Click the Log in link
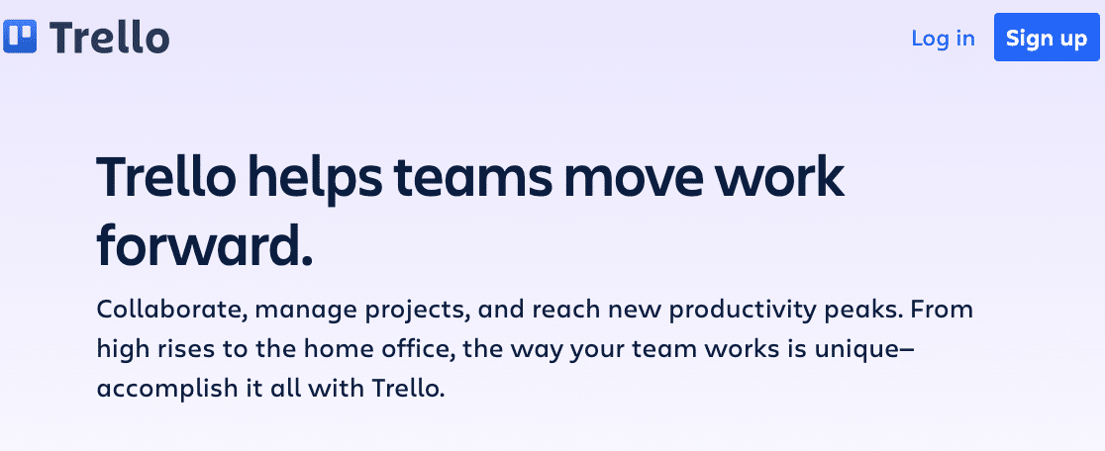pos(943,38)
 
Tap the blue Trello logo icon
pos(20,37)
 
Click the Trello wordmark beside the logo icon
pos(109,37)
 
